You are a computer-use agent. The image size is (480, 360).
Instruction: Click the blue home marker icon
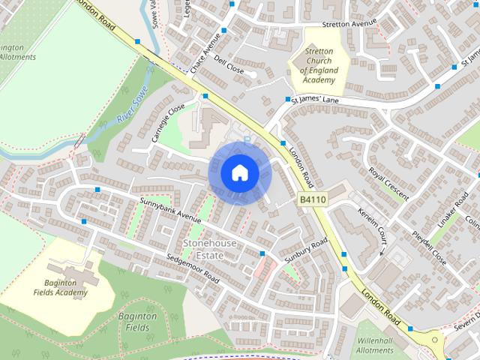tap(239, 172)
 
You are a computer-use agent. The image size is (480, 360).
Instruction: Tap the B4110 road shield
tap(312, 199)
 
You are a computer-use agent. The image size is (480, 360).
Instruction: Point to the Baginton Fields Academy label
tap(61, 286)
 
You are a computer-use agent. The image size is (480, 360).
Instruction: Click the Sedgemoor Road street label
tap(192, 269)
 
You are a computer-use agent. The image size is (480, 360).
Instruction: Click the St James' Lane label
tap(326, 98)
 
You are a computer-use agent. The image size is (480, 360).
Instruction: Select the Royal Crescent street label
tap(389, 184)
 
